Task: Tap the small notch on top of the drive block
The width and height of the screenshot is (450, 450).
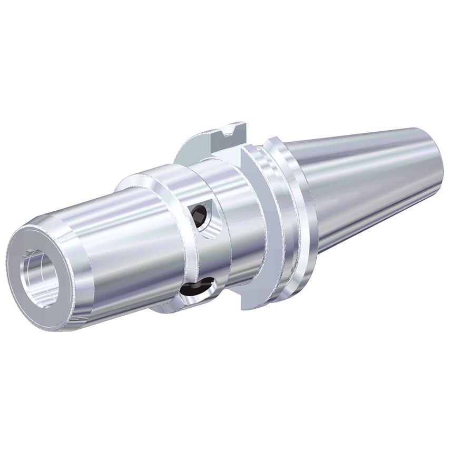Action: [x=230, y=128]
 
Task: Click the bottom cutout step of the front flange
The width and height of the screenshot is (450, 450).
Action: [x=248, y=300]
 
